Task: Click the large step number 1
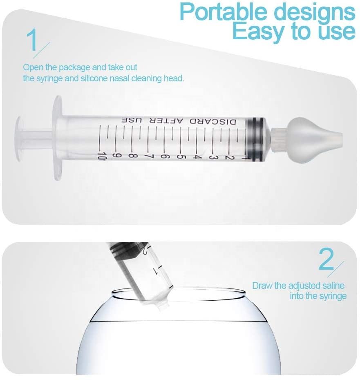(32, 40)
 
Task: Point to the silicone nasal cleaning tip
(312, 139)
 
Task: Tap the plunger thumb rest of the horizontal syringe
(19, 139)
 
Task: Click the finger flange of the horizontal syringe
(58, 138)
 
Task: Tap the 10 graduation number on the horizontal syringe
(102, 156)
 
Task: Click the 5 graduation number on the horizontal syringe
(180, 156)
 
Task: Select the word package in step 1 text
(75, 67)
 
